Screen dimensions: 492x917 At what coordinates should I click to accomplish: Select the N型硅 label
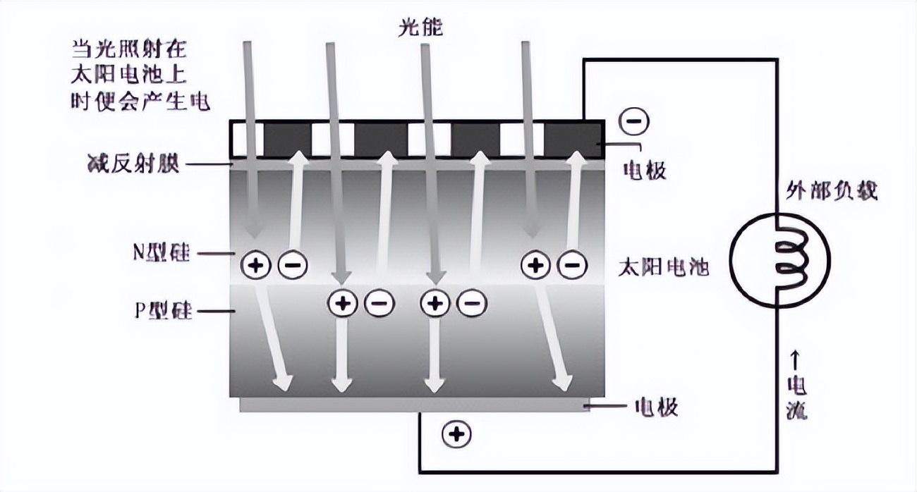(x=160, y=252)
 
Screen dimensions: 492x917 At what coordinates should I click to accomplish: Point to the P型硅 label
(x=161, y=311)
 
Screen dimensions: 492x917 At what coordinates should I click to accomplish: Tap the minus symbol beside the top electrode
(x=632, y=121)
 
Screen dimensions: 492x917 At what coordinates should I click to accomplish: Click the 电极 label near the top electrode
(x=645, y=169)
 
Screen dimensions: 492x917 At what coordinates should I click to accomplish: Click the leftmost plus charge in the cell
(x=255, y=265)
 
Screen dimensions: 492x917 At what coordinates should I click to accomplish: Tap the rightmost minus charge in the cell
(x=572, y=265)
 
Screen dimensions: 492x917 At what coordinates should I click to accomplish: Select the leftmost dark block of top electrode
(x=287, y=138)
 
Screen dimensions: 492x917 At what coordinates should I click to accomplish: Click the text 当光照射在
(x=128, y=49)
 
